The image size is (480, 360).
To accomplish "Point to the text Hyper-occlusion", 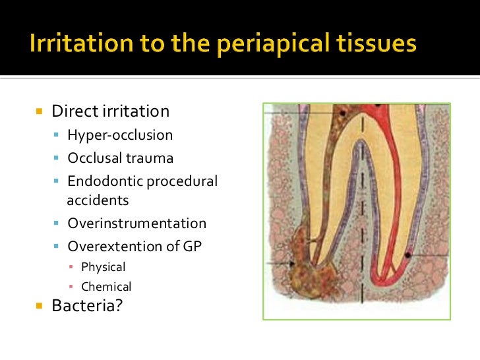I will coord(120,135).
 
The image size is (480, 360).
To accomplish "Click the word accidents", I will coord(98,200).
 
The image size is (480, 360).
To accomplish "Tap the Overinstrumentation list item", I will coord(136,224).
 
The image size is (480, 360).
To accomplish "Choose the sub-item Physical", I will coord(103,267).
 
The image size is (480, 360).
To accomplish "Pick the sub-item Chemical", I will coord(106,287).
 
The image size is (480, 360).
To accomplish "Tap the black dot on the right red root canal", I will coord(409,255).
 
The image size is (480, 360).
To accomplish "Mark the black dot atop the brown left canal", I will coord(343,115).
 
